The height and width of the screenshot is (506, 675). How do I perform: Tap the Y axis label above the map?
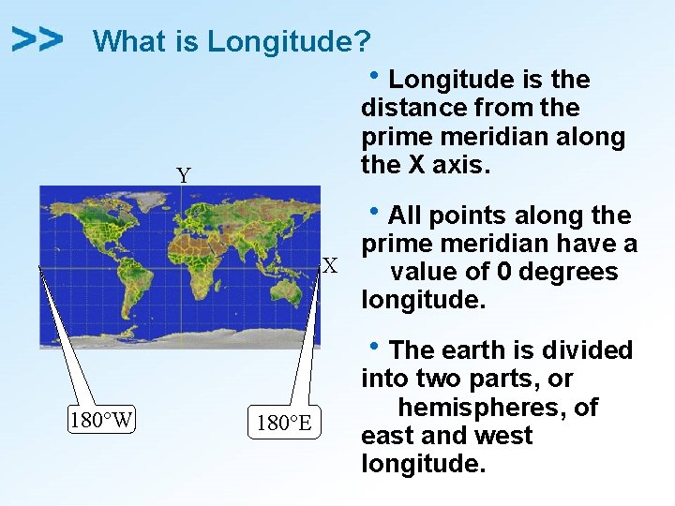click(184, 175)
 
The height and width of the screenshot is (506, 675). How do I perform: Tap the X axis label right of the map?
click(330, 266)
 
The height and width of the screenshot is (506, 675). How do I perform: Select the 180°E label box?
click(285, 423)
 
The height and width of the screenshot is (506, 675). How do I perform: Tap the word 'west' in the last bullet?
click(502, 436)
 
